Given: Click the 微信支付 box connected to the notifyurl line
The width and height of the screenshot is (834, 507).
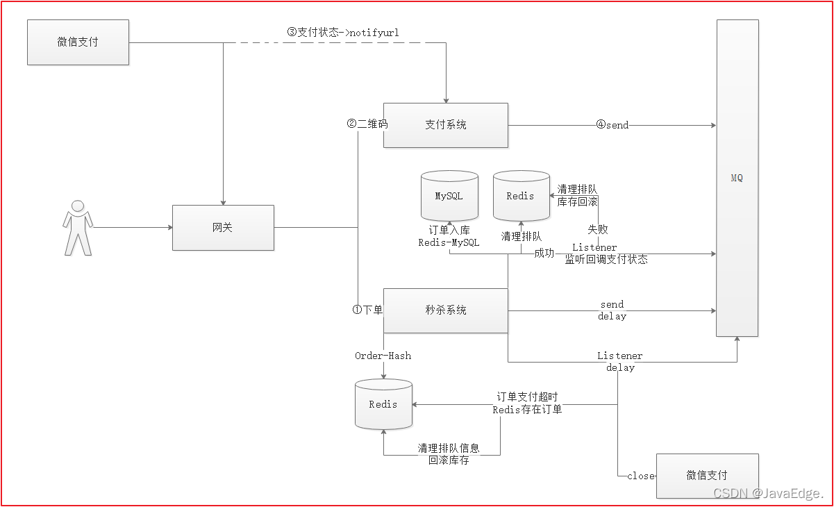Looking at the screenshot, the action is pyautogui.click(x=78, y=42).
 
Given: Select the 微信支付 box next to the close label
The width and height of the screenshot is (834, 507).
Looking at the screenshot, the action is pyautogui.click(x=708, y=476).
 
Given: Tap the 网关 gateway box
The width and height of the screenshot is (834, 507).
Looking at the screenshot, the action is pyautogui.click(x=223, y=227).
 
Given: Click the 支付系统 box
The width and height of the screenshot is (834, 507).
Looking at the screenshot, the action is pyautogui.click(x=446, y=125).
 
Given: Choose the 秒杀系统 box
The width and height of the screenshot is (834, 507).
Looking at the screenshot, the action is pyautogui.click(x=446, y=310).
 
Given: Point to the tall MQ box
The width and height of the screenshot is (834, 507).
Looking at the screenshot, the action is pyautogui.click(x=737, y=178).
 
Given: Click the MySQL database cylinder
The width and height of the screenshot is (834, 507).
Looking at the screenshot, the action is pyautogui.click(x=449, y=196).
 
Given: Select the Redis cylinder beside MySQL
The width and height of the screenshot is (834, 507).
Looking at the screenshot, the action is pyautogui.click(x=522, y=196).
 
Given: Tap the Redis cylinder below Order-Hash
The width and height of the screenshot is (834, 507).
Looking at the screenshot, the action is pyautogui.click(x=383, y=404).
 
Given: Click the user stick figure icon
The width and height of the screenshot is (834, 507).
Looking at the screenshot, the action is pyautogui.click(x=78, y=228).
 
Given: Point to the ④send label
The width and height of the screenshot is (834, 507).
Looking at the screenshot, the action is pyautogui.click(x=612, y=125).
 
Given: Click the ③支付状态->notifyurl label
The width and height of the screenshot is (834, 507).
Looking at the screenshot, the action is pyautogui.click(x=343, y=33).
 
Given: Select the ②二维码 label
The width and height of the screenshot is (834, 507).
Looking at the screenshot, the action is pyautogui.click(x=367, y=124).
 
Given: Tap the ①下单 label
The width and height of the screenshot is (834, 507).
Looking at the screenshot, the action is pyautogui.click(x=367, y=310).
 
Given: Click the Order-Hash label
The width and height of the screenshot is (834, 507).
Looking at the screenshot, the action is pyautogui.click(x=383, y=356).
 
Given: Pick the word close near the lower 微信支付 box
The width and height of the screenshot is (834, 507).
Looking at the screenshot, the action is pyautogui.click(x=641, y=476).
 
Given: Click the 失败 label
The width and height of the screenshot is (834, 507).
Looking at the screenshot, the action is pyautogui.click(x=598, y=229).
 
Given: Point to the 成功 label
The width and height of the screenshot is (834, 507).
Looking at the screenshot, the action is pyautogui.click(x=544, y=253).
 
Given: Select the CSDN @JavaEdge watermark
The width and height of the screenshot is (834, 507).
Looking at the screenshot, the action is pyautogui.click(x=768, y=493).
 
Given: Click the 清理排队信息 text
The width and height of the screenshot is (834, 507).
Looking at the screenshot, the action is pyautogui.click(x=449, y=448).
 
